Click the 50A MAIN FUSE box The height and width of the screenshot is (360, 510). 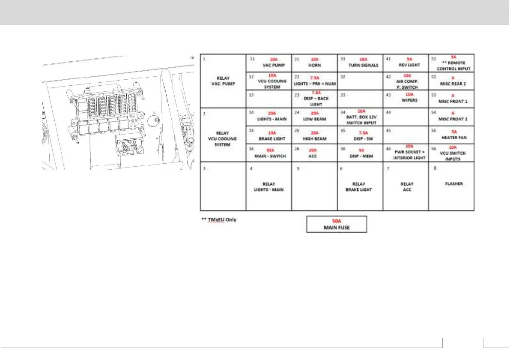click(x=337, y=224)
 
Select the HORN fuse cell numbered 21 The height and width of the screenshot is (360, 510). click(x=314, y=63)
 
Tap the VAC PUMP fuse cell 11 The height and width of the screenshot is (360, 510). click(x=268, y=63)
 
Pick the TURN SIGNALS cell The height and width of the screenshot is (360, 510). click(x=360, y=63)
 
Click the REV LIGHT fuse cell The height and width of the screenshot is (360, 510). click(x=406, y=63)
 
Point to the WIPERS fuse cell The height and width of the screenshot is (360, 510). click(x=406, y=99)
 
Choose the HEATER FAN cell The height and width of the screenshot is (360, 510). click(x=451, y=135)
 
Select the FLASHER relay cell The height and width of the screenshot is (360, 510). click(x=451, y=186)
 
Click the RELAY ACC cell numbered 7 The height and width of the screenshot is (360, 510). click(x=406, y=186)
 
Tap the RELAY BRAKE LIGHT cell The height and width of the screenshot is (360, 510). click(x=360, y=186)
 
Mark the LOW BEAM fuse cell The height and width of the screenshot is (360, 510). click(x=314, y=117)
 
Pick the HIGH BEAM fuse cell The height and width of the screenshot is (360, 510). click(x=314, y=135)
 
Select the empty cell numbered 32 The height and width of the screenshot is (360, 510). click(x=360, y=81)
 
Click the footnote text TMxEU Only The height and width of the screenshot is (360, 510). click(x=219, y=220)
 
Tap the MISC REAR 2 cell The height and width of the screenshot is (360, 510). click(x=451, y=81)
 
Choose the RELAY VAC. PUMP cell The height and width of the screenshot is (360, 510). click(x=223, y=81)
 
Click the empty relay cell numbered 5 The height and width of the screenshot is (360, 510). click(x=314, y=186)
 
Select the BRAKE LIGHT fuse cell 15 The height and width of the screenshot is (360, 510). click(x=268, y=135)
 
